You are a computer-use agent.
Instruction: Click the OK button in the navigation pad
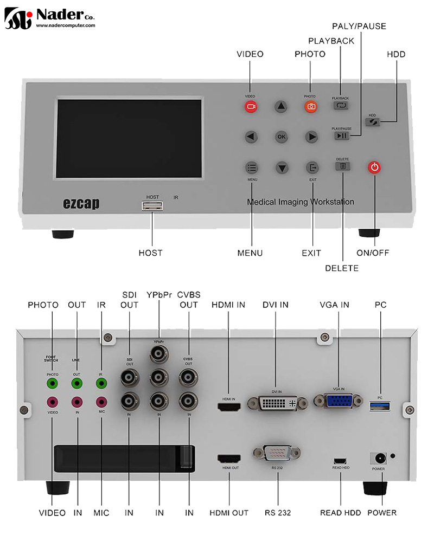coord(281,137)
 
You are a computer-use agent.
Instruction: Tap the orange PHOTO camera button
coord(311,107)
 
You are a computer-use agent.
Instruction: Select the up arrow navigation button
coord(280,107)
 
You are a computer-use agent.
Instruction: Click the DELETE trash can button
coord(342,166)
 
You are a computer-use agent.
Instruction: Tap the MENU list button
coord(251,167)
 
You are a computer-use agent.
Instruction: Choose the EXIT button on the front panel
coord(312,167)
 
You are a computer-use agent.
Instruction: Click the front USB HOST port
coord(152,205)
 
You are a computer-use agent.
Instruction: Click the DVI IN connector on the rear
coord(275,403)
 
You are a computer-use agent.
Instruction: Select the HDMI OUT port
coord(229,459)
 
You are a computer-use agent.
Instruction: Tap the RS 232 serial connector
coord(277,453)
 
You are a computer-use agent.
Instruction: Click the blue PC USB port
coord(380,405)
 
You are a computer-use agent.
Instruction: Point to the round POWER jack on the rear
coord(378,458)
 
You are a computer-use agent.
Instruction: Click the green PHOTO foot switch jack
coord(52,384)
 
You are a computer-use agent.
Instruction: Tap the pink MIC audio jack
coord(101,402)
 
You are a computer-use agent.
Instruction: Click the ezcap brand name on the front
coord(81,204)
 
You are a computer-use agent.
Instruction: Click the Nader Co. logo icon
coord(18,18)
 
